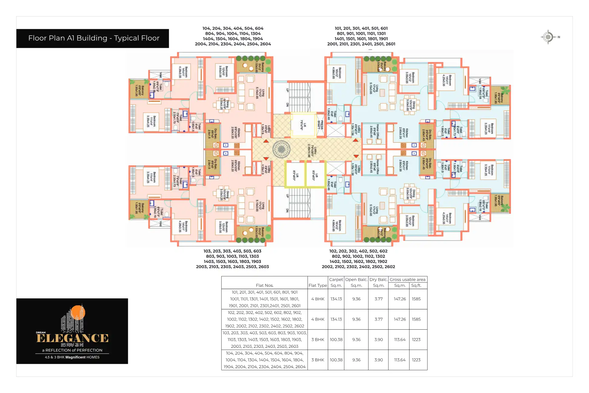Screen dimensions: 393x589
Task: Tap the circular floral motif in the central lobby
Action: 281,149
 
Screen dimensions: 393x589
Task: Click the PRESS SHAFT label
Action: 320,125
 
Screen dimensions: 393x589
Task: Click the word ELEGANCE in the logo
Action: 72,338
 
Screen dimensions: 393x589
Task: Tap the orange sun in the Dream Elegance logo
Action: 78,312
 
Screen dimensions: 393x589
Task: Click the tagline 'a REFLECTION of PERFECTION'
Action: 72,350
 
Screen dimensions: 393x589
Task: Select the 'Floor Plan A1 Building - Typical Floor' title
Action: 94,38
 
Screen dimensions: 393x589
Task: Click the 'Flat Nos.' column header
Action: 265,285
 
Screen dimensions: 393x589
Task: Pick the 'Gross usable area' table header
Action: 408,279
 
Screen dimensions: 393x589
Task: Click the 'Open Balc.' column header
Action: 356,279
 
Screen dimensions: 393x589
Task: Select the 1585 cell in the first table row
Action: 416,299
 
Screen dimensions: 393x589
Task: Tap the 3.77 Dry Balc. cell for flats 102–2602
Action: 378,319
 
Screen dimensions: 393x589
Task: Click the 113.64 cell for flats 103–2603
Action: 399,340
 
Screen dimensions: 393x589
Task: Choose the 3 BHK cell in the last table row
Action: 318,360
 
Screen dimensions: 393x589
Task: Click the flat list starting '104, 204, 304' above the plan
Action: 233,36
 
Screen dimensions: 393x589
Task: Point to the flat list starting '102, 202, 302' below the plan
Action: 358,259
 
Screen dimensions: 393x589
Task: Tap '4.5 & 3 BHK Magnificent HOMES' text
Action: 72,357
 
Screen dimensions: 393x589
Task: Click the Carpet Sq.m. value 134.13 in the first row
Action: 336,299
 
